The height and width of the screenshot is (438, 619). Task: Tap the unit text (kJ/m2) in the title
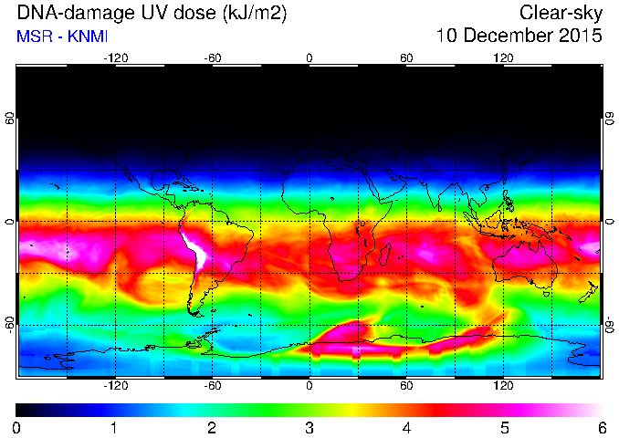[x=254, y=14]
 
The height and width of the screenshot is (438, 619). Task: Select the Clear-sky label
[x=561, y=14]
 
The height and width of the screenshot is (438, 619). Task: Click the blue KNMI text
[x=88, y=36]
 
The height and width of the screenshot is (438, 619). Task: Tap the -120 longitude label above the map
[x=116, y=58]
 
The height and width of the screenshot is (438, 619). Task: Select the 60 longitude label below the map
[x=406, y=385]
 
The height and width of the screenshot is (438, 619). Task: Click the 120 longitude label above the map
[x=503, y=58]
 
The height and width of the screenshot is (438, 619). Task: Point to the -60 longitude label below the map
[x=213, y=385]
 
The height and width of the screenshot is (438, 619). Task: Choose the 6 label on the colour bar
[x=602, y=428]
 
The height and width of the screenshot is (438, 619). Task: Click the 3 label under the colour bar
[x=309, y=428]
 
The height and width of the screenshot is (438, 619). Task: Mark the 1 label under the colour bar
[x=114, y=428]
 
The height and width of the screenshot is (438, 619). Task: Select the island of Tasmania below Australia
[x=547, y=295]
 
